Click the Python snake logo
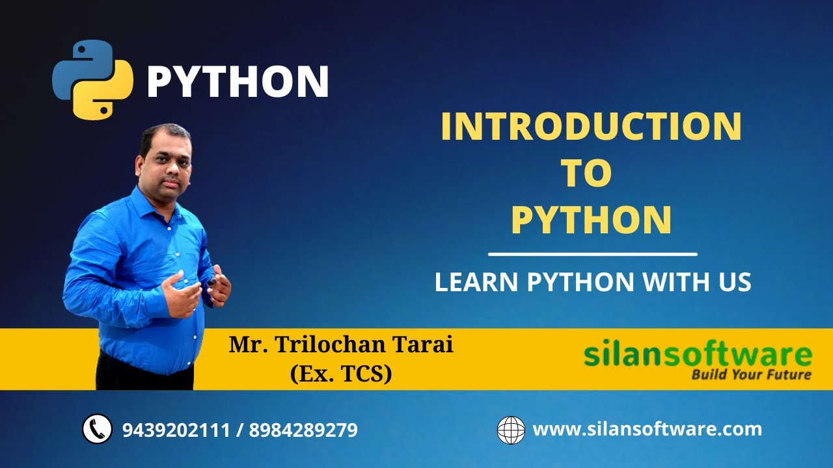click(92, 80)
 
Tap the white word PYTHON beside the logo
click(238, 82)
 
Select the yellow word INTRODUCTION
click(591, 127)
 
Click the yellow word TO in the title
click(586, 173)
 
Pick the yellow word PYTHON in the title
click(591, 220)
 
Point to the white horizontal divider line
click(592, 254)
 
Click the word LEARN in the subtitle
click(476, 282)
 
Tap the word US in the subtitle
click(735, 282)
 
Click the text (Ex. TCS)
click(341, 373)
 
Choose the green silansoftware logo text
click(698, 356)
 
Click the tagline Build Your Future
click(751, 374)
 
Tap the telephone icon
click(97, 430)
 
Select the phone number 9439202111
click(176, 430)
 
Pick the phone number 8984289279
click(303, 430)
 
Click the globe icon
click(511, 430)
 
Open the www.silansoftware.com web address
click(647, 429)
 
